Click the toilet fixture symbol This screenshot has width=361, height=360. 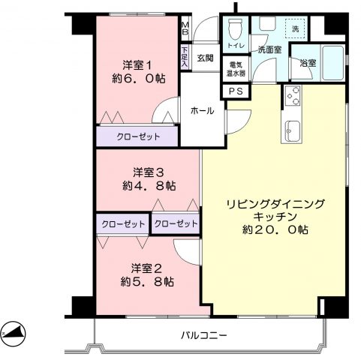236,29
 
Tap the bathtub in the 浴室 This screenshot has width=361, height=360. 333,62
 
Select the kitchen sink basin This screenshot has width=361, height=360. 291,130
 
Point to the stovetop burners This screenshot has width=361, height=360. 293,96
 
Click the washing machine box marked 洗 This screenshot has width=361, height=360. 295,28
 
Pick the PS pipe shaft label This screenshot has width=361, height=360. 236,91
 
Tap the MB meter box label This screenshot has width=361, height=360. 185,28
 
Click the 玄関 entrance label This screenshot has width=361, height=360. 205,58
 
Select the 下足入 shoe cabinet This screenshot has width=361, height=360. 185,57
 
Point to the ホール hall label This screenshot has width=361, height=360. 202,110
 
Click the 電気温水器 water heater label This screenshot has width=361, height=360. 236,69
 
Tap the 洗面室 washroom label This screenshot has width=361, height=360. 269,49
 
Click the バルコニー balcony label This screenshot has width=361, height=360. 203,334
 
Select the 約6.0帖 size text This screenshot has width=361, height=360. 138,79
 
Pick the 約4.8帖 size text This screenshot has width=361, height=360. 149,186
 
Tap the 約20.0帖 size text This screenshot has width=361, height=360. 275,229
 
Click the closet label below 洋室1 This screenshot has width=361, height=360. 138,136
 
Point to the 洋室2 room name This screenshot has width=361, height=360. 146,268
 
